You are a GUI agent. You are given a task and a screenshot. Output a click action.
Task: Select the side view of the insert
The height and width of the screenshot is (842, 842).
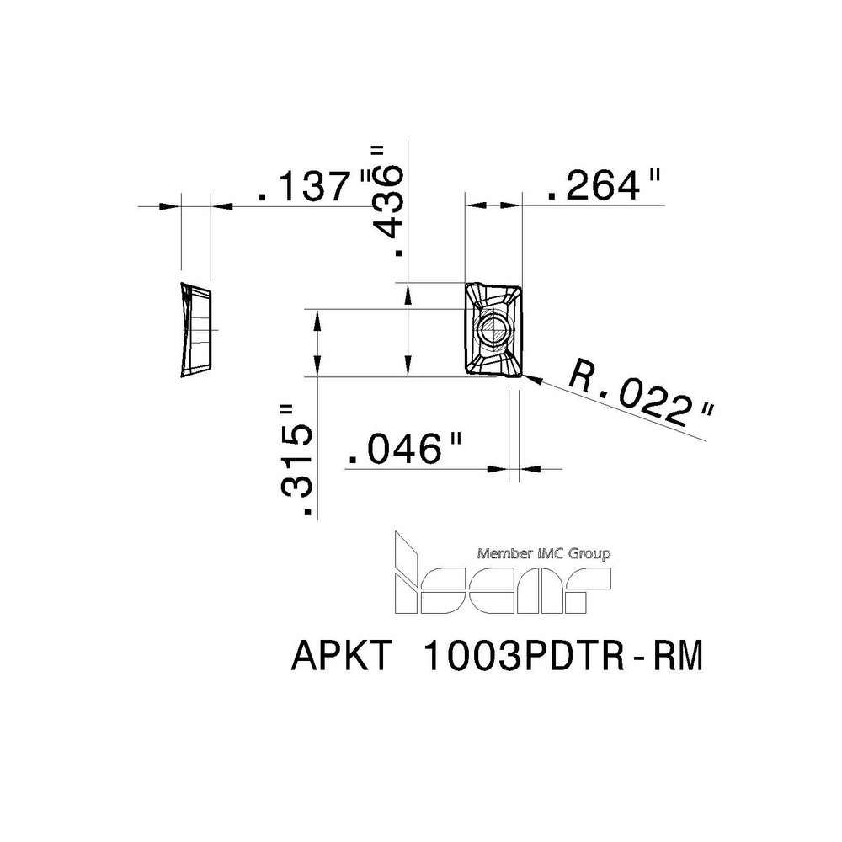tap(195, 329)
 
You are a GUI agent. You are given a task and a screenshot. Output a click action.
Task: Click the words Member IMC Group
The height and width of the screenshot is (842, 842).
tap(544, 554)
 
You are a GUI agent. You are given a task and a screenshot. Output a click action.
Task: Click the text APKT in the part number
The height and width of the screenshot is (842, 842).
tap(341, 658)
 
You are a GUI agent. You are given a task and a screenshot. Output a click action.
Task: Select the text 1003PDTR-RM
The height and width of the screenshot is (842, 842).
tap(561, 658)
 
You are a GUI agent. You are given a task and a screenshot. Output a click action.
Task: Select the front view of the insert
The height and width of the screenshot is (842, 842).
tap(493, 330)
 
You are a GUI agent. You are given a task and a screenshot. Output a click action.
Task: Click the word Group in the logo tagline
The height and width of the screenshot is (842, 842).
tap(590, 554)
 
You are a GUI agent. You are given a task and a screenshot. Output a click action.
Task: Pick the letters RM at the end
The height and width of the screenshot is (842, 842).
tap(677, 658)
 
